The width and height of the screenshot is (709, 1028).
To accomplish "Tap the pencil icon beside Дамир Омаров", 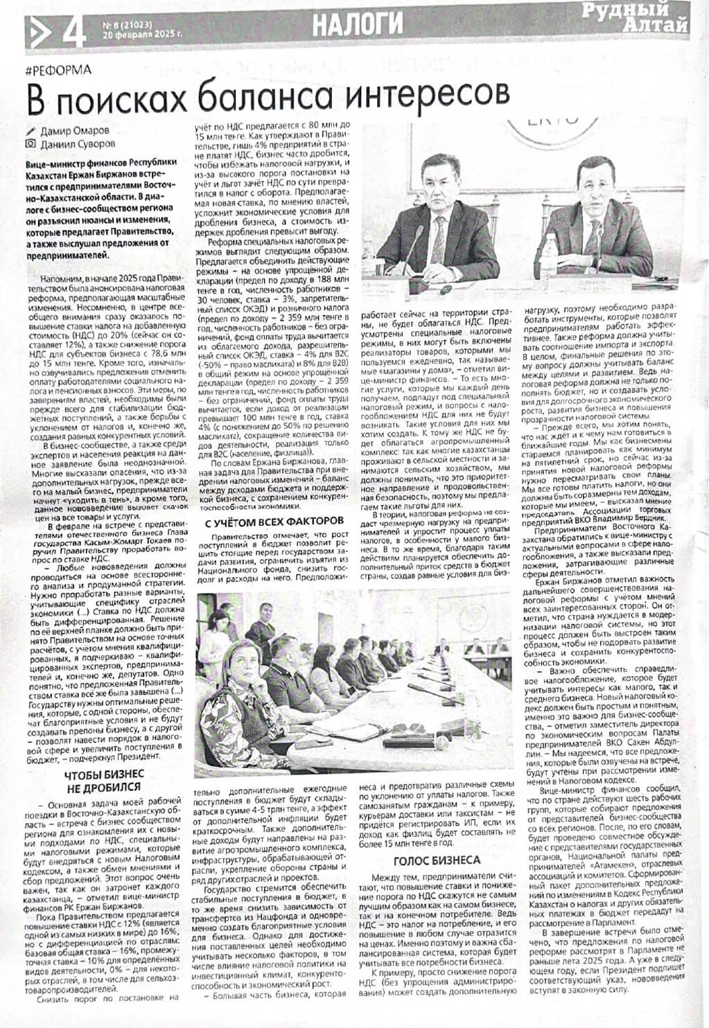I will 29,130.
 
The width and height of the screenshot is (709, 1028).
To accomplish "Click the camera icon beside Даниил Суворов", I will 29,144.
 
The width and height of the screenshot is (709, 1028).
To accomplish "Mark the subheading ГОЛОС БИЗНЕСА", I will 437,860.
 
